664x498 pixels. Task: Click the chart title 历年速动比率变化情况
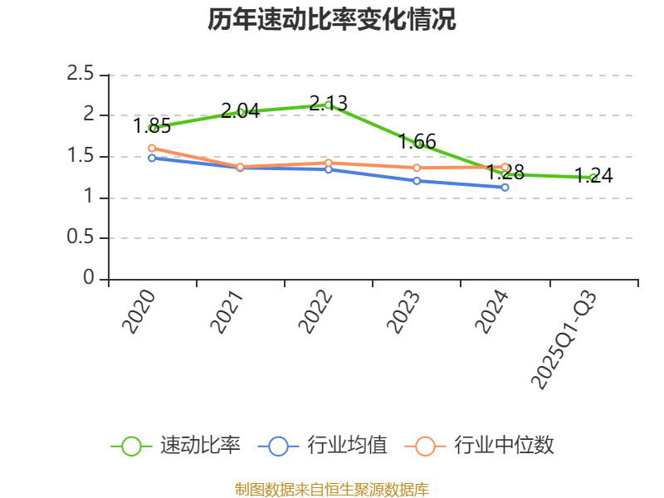332,20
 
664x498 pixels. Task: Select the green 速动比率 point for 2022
329,105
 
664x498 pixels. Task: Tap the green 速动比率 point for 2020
152,128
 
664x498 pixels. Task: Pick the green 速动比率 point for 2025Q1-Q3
593,177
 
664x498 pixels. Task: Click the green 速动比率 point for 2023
417,144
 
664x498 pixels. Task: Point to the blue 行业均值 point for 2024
505,188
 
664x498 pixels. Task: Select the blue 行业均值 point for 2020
152,157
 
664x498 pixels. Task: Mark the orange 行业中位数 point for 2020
152,149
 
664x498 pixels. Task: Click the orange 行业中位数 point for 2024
505,167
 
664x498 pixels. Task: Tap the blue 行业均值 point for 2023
417,180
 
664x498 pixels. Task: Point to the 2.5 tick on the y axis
81,75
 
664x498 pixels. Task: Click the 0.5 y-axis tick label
81,238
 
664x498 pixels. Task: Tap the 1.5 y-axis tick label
81,157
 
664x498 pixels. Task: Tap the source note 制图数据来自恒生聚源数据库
332,489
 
